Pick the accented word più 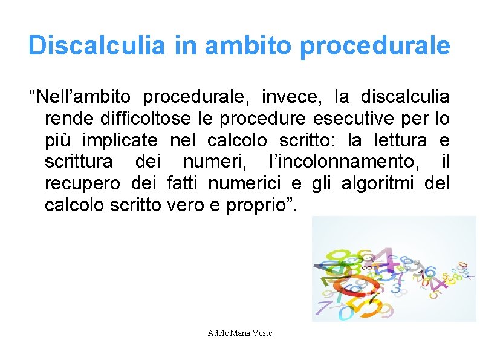coord(59,140)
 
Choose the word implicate coord(120,140)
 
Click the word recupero coord(81,184)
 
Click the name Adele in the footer coord(218,333)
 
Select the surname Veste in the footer coord(262,333)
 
